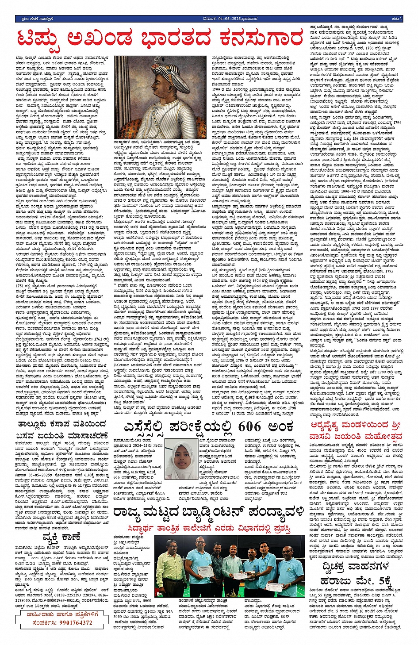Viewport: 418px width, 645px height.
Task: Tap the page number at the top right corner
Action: [x=397, y=19]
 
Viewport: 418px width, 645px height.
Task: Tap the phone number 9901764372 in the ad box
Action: [x=68, y=622]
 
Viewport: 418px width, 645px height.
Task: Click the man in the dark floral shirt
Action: [x=216, y=566]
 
